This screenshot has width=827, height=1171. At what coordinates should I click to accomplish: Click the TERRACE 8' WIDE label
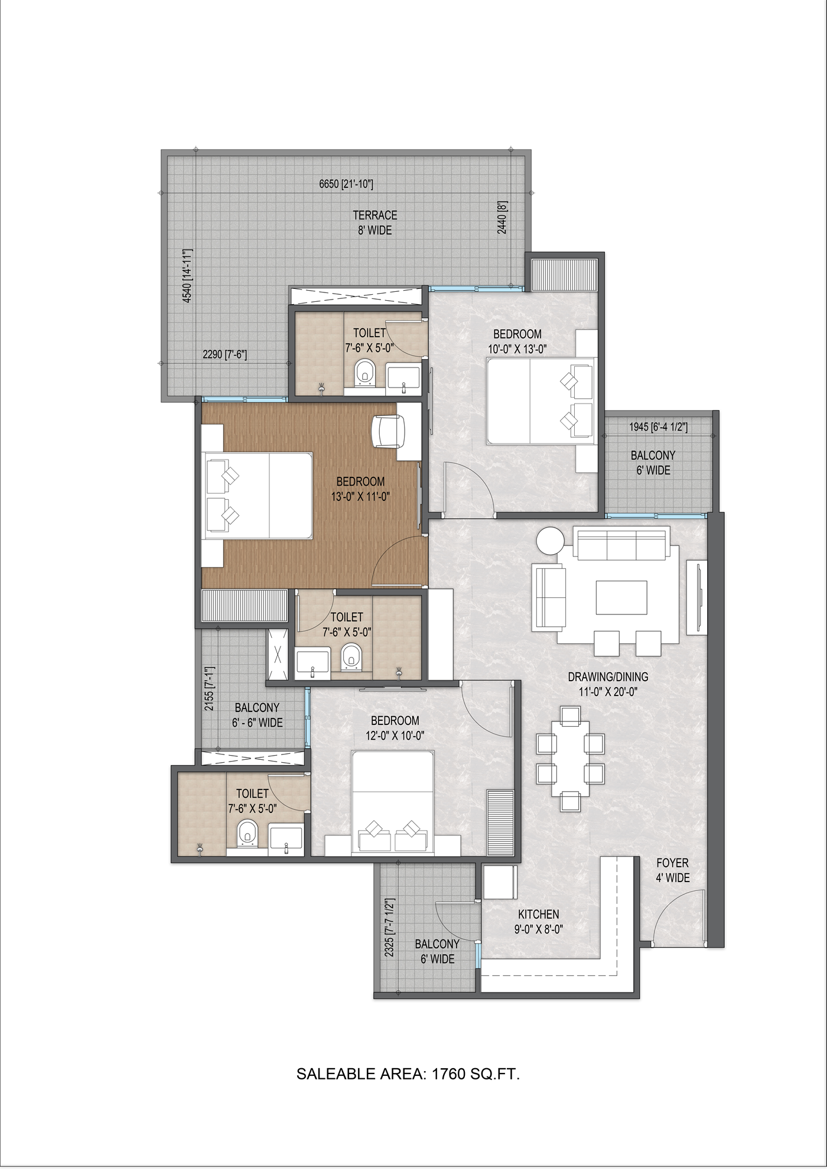[375, 223]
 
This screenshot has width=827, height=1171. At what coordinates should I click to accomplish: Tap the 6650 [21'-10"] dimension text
[346, 184]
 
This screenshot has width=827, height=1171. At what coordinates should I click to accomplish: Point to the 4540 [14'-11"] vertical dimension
[187, 276]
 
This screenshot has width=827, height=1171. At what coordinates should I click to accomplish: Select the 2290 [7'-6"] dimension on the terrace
[224, 355]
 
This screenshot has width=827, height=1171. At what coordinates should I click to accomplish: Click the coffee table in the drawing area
[621, 598]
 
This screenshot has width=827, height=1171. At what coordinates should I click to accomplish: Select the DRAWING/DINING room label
[608, 684]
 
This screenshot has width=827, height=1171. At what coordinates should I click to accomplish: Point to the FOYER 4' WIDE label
[672, 870]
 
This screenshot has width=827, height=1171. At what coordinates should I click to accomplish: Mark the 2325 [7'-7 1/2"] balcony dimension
[389, 928]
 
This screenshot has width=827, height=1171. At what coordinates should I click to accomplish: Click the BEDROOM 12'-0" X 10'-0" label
[395, 728]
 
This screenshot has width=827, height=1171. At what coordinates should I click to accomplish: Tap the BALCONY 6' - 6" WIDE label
[257, 715]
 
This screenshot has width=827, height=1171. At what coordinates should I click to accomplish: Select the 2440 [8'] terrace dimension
[502, 217]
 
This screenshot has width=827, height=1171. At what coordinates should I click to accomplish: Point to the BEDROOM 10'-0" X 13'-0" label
[517, 341]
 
